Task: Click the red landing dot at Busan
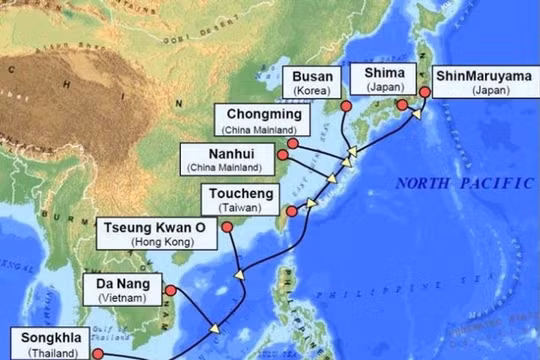click(x=346, y=106)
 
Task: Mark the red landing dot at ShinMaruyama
click(x=425, y=92)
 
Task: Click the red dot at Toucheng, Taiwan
click(x=291, y=211)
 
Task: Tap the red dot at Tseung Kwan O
click(x=226, y=228)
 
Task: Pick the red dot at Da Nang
click(x=170, y=290)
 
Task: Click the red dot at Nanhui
click(x=283, y=155)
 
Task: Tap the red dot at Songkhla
click(x=98, y=352)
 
